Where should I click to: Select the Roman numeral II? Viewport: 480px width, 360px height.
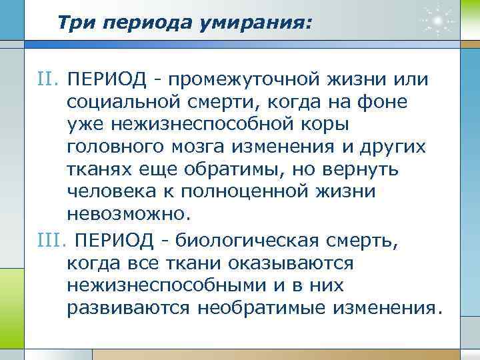(x=48, y=80)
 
